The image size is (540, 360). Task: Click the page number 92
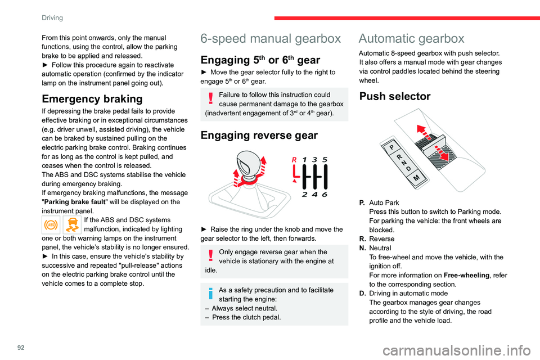click(x=21, y=347)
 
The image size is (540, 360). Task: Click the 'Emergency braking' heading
click(x=92, y=99)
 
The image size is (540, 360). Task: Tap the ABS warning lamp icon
click(x=51, y=225)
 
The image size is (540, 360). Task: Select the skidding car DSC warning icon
click(x=73, y=225)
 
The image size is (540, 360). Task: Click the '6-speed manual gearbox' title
click(x=271, y=39)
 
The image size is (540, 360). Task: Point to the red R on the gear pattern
click(x=294, y=160)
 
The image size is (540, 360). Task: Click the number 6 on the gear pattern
click(x=325, y=194)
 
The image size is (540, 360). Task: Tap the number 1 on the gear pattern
click(x=304, y=160)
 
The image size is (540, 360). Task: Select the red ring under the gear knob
click(x=247, y=179)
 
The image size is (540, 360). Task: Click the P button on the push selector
click(x=391, y=147)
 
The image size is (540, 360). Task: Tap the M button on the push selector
click(x=416, y=178)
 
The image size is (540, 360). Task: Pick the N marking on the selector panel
click(x=404, y=163)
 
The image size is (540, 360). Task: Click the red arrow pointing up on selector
click(x=424, y=133)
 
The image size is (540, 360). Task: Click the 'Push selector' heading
click(x=395, y=96)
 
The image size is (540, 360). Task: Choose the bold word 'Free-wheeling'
click(x=467, y=275)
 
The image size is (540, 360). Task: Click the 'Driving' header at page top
click(x=52, y=17)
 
